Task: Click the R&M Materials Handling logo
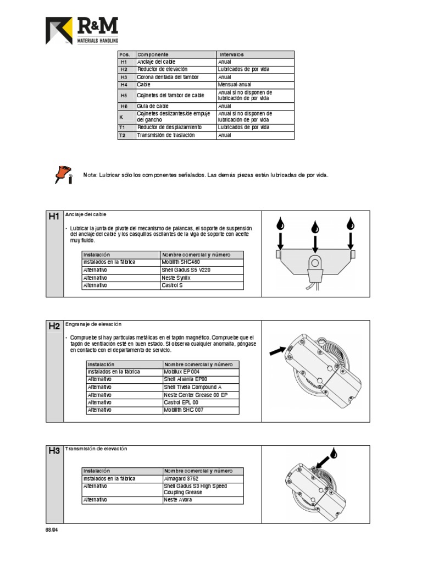coord(81,31)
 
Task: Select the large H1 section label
coord(54,217)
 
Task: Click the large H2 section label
coord(54,326)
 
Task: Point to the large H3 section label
coord(54,451)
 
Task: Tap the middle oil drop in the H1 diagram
coord(315,227)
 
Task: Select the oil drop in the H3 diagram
coord(333,452)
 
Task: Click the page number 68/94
coord(51,530)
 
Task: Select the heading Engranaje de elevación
coord(93,324)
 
